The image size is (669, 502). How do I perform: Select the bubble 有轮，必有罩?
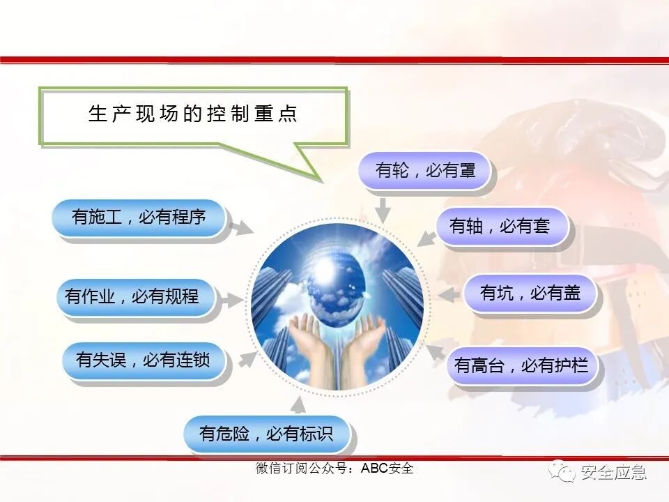click(x=425, y=171)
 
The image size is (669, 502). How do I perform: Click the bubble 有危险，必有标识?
click(x=267, y=434)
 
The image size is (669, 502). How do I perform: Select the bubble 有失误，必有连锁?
click(x=144, y=360)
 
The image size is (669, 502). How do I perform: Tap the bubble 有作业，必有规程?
click(x=132, y=298)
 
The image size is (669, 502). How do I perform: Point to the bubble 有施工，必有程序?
click(x=139, y=218)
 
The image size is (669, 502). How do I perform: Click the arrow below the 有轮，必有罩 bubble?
click(x=382, y=209)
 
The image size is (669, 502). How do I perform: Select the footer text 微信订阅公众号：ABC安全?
click(x=334, y=469)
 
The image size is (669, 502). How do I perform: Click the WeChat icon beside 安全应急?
click(x=560, y=473)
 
